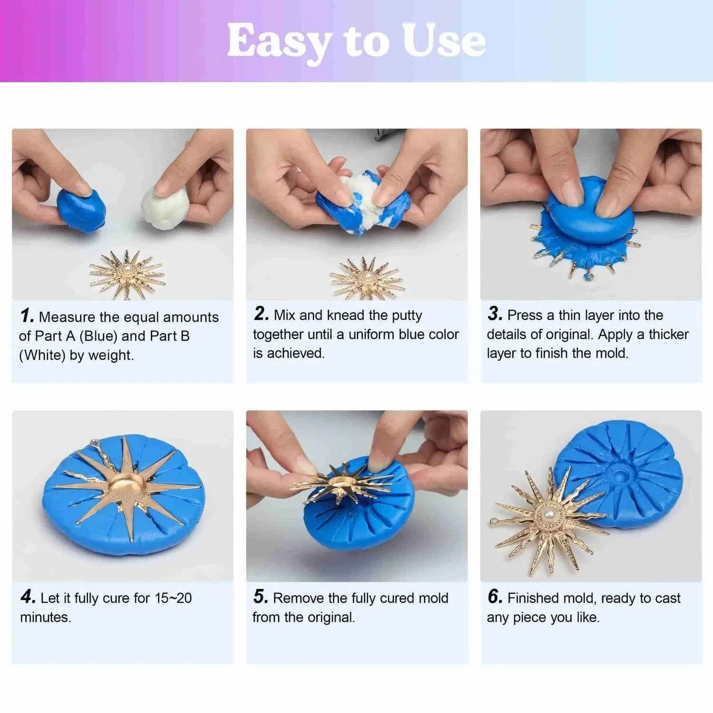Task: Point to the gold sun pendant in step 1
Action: point(127,275)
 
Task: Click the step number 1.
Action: point(27,316)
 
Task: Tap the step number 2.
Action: point(261,314)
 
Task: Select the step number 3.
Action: point(494,314)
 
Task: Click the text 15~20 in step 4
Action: point(173,598)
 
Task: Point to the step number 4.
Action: point(28,597)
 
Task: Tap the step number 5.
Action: point(260,597)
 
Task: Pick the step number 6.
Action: point(494,597)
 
